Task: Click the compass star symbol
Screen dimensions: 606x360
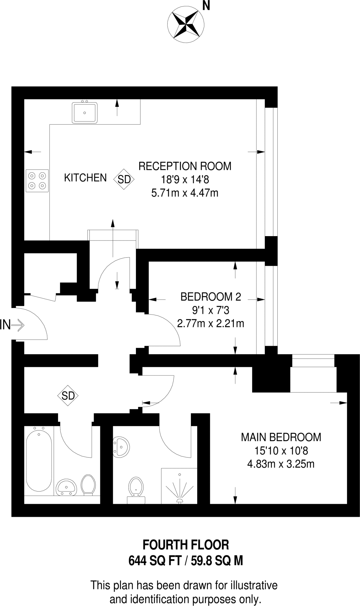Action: click(186, 23)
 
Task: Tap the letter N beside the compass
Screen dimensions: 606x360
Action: click(206, 6)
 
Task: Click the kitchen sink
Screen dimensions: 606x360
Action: click(85, 113)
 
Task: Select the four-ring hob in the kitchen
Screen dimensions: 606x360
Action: click(37, 181)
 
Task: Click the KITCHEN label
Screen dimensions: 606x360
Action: click(85, 178)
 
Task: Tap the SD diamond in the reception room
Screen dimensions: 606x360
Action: click(124, 179)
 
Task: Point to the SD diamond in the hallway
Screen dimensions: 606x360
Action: click(68, 396)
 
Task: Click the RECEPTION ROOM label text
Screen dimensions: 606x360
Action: click(185, 166)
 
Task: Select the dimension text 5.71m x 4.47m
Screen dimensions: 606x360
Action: click(185, 193)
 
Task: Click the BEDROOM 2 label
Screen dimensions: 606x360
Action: click(211, 296)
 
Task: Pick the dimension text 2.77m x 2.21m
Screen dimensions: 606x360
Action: click(210, 324)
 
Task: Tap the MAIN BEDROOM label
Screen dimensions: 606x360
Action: click(281, 437)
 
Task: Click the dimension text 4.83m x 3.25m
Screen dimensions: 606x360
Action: click(281, 464)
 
